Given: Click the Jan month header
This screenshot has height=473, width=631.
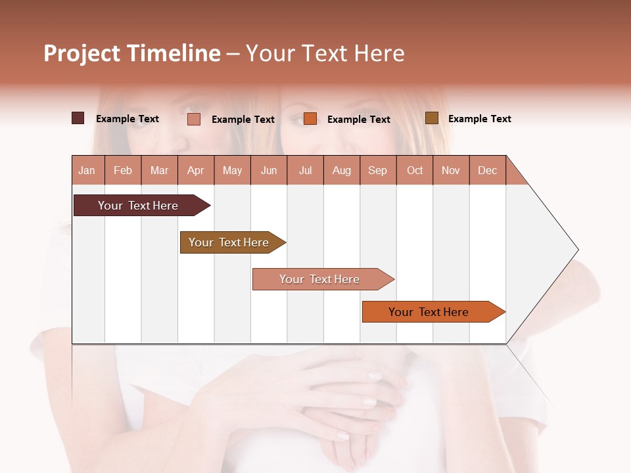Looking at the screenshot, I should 87,170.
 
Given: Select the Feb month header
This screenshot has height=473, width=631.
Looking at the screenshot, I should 123,170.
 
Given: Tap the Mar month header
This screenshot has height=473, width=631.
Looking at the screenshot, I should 159,170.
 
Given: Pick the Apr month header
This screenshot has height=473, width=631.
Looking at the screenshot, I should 196,170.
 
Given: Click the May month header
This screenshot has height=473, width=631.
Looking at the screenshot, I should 232,170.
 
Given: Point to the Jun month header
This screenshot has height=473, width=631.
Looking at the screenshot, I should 269,170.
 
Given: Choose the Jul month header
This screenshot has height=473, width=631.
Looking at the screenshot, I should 305,170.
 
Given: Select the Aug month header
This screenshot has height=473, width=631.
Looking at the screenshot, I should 342,170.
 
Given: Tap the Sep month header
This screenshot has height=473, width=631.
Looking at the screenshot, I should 378,170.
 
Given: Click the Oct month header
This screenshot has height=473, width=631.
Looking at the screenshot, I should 415,170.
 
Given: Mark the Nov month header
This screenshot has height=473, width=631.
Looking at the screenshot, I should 451,170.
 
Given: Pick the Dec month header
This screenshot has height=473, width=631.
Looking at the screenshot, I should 488,170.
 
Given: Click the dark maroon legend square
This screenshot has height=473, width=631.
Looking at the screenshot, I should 78,118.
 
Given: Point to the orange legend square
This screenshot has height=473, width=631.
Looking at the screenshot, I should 310,119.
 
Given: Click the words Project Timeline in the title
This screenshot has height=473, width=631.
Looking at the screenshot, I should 132,53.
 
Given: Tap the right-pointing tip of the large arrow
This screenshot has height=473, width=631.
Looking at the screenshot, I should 576,250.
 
